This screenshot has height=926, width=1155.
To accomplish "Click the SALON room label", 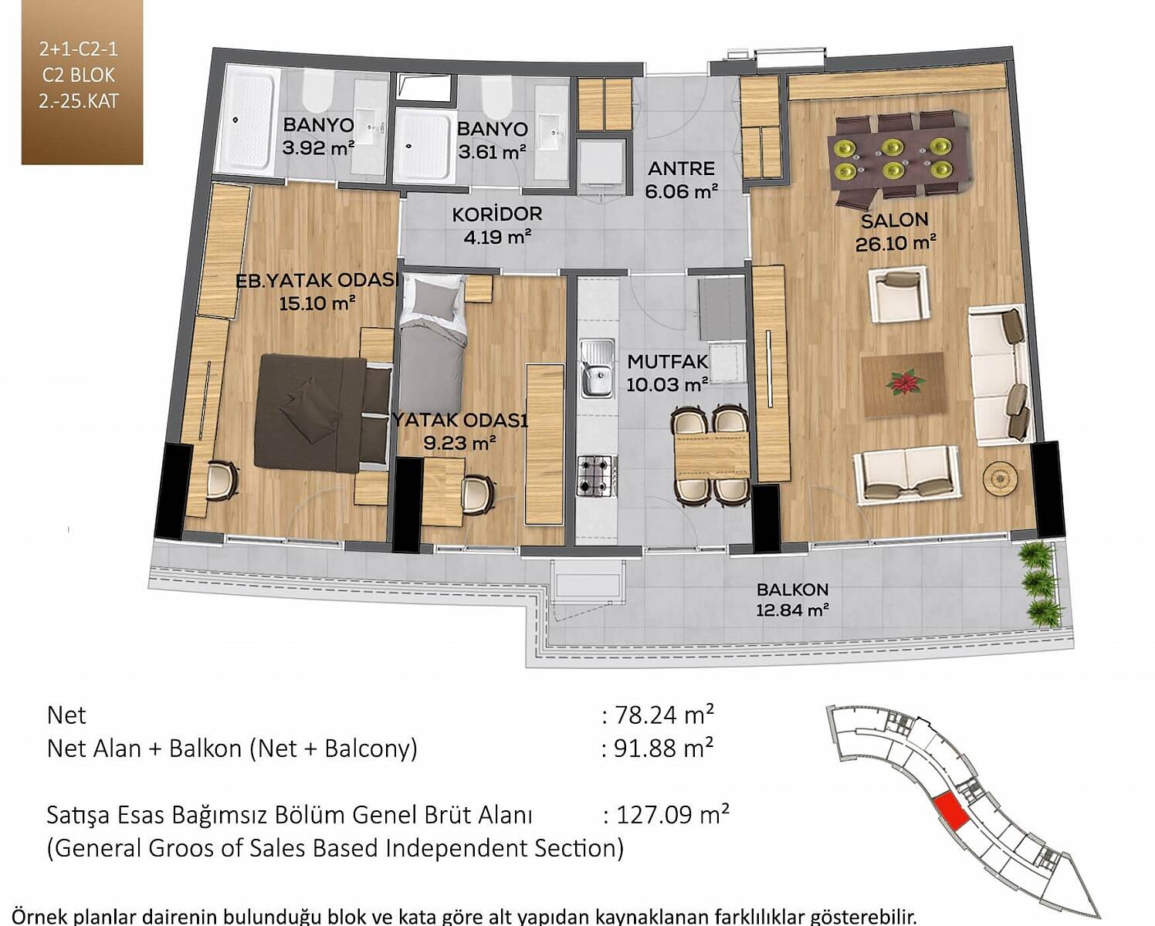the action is (895, 220).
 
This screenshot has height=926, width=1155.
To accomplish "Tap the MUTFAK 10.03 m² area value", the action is (667, 384).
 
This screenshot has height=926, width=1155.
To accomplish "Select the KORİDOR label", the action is (497, 215).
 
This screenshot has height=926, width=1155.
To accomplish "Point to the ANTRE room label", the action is (681, 168).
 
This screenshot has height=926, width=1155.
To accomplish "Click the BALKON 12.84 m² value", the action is (793, 610).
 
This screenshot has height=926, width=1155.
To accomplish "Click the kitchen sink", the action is (597, 369).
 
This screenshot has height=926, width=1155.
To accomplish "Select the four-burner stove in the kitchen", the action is (597, 475).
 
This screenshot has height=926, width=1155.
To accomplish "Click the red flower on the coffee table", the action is (906, 383).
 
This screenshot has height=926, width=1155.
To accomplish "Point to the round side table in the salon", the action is (1001, 475).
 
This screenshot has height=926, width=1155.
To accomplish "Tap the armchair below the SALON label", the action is (899, 295).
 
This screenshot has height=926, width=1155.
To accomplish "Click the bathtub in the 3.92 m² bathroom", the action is (249, 120).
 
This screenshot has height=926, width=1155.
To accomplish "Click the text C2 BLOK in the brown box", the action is (79, 75).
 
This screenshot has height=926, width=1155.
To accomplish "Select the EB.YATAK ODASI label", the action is (317, 281).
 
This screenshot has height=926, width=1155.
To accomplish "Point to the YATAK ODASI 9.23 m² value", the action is (459, 443).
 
